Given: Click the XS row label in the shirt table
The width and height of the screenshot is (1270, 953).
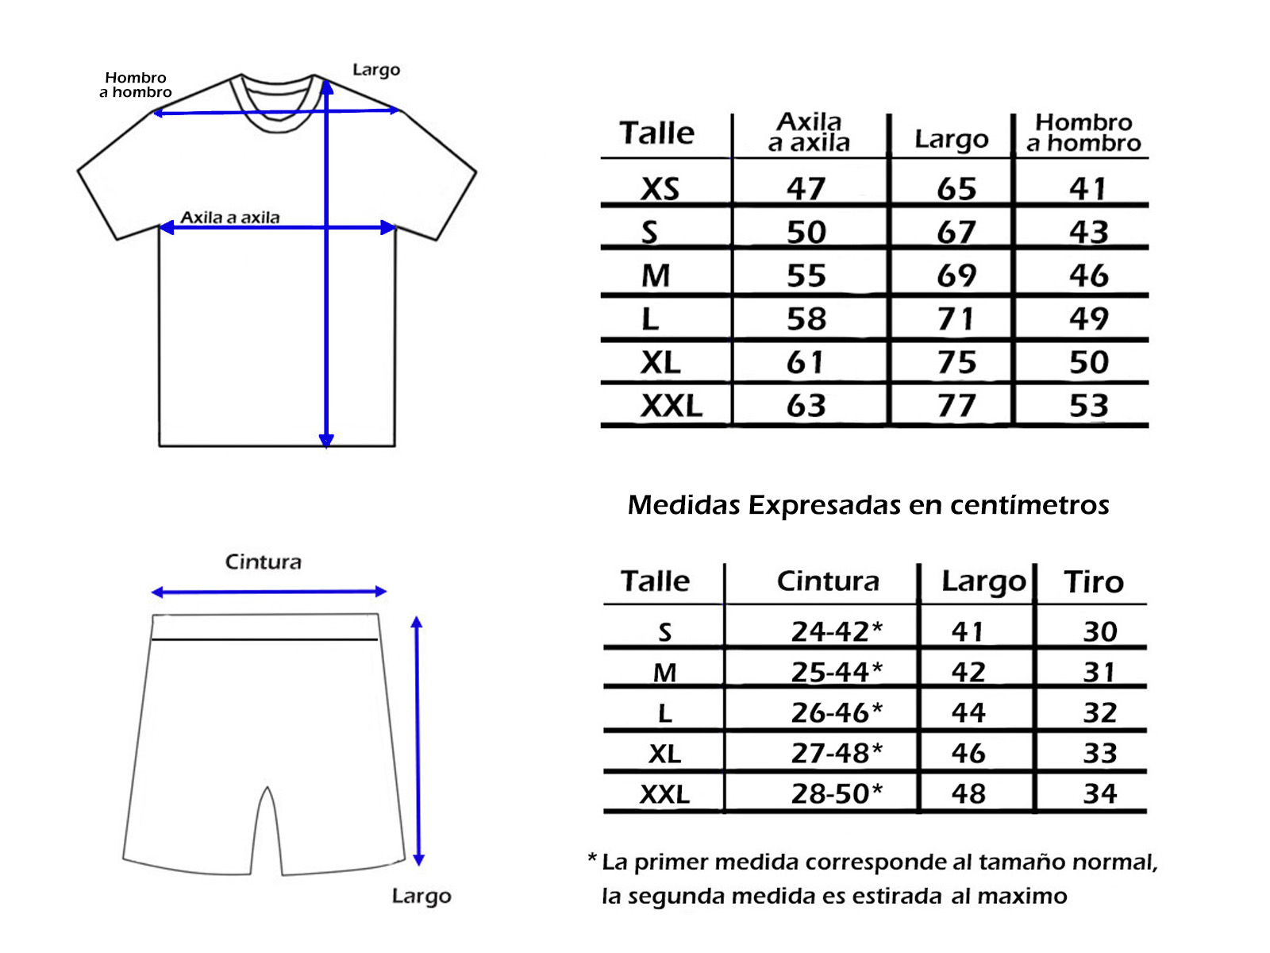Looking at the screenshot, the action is [x=660, y=189].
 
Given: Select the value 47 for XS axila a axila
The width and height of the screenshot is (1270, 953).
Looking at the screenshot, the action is [x=806, y=189].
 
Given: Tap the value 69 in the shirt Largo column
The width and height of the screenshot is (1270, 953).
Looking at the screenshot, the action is [x=956, y=275].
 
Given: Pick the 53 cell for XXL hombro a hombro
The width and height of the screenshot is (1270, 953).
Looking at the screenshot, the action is [x=1088, y=405].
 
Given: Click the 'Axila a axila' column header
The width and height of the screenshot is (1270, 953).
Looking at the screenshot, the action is [x=809, y=133].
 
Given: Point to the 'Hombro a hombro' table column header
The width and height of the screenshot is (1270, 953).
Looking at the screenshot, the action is [x=1083, y=133].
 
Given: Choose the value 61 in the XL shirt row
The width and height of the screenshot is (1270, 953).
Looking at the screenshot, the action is [x=803, y=362].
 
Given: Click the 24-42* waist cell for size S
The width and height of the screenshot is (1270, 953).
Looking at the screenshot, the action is [x=837, y=631].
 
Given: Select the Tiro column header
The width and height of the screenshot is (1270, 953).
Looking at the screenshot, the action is [x=1094, y=581].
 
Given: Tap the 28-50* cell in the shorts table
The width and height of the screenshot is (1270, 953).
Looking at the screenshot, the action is [x=837, y=793].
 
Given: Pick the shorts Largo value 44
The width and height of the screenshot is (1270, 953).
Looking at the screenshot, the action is [x=968, y=712].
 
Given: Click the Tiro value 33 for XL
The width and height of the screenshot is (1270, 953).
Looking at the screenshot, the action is [x=1100, y=753].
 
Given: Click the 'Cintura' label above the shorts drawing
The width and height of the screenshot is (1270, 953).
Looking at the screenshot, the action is [x=263, y=561].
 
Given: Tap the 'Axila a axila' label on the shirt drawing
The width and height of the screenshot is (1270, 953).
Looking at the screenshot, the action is [x=229, y=218].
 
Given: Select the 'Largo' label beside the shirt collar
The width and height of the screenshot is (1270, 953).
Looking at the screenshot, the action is [x=376, y=70].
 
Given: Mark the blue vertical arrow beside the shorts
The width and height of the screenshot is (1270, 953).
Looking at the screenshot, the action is [x=418, y=741].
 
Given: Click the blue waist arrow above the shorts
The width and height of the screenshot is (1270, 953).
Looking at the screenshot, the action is [x=268, y=592].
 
